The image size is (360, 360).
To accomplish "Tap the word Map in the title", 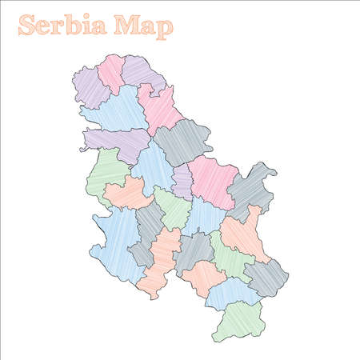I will (x=143, y=27).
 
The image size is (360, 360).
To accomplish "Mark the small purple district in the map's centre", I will (x=182, y=182).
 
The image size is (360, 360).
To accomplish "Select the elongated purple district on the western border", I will (x=116, y=142).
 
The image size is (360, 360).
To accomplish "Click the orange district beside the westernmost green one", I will (x=128, y=193).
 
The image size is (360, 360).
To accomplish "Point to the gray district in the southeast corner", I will (x=266, y=277).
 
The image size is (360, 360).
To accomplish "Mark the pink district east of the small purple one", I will (x=213, y=182).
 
